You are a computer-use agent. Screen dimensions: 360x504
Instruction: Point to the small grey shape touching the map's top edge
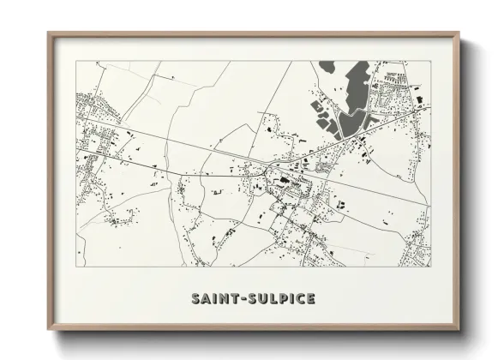327,65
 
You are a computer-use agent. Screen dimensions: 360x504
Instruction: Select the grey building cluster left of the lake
323,117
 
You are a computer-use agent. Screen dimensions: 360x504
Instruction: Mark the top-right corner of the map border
429,62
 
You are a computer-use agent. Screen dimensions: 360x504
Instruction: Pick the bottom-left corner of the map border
76,266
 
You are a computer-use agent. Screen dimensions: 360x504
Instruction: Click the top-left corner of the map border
76,62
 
